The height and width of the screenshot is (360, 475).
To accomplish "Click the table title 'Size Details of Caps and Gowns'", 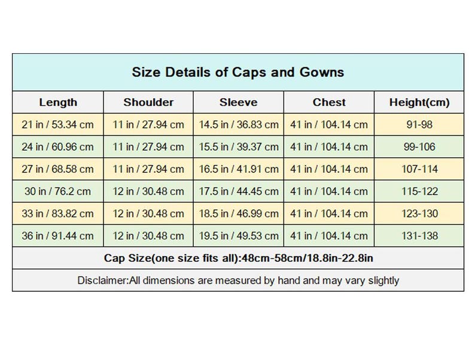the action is click(238, 72).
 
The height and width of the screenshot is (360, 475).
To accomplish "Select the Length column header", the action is click(58, 102).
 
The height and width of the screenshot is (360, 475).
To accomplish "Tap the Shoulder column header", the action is click(148, 102).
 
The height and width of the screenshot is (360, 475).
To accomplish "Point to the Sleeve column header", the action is click(239, 102).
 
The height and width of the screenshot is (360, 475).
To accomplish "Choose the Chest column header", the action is click(329, 102).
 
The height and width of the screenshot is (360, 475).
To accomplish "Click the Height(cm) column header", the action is click(419, 102).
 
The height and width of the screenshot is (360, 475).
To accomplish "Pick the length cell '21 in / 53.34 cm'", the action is click(57, 124).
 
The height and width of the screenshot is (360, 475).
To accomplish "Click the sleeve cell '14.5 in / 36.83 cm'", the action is click(239, 124).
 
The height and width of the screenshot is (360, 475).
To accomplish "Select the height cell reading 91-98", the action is click(419, 124).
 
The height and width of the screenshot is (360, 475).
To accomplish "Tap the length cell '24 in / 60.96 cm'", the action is click(57, 147).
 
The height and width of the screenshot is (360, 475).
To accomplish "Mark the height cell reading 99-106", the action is click(419, 147).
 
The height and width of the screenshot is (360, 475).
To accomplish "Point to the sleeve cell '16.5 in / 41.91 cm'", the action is click(239, 169).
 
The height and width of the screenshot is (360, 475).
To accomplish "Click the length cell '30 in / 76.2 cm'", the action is click(57, 191).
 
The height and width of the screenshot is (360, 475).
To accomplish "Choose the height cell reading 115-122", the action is click(419, 191).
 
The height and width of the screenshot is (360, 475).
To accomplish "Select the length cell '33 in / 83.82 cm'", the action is click(57, 213).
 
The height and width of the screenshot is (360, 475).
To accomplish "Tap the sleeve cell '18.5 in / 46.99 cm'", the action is click(239, 213).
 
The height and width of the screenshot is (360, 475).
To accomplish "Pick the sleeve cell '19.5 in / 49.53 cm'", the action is click(239, 236).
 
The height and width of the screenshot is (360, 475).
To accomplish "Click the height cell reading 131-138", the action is click(419, 236).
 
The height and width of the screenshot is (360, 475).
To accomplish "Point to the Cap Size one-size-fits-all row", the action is click(239, 258).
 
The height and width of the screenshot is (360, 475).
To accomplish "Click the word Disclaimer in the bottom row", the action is click(103, 280).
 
